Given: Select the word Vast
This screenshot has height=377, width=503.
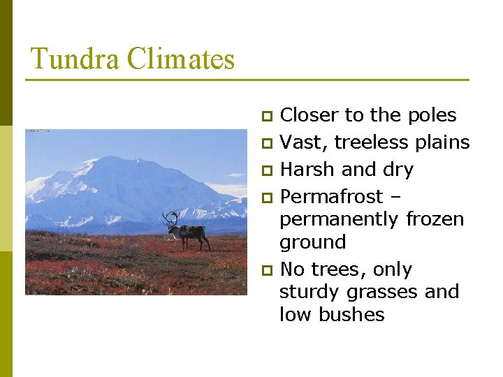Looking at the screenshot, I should click(x=304, y=142).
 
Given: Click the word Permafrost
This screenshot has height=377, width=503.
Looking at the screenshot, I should click(x=331, y=197).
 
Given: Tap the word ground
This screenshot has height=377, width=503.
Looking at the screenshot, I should click(x=312, y=243).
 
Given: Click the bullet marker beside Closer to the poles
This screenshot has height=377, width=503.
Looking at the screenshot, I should click(x=265, y=116).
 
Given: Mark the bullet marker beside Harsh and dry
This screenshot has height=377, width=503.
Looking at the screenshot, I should click(x=265, y=170).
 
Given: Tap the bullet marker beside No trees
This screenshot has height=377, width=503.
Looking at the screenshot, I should click(x=265, y=270).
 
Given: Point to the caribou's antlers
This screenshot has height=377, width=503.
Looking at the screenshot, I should click(x=170, y=219).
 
